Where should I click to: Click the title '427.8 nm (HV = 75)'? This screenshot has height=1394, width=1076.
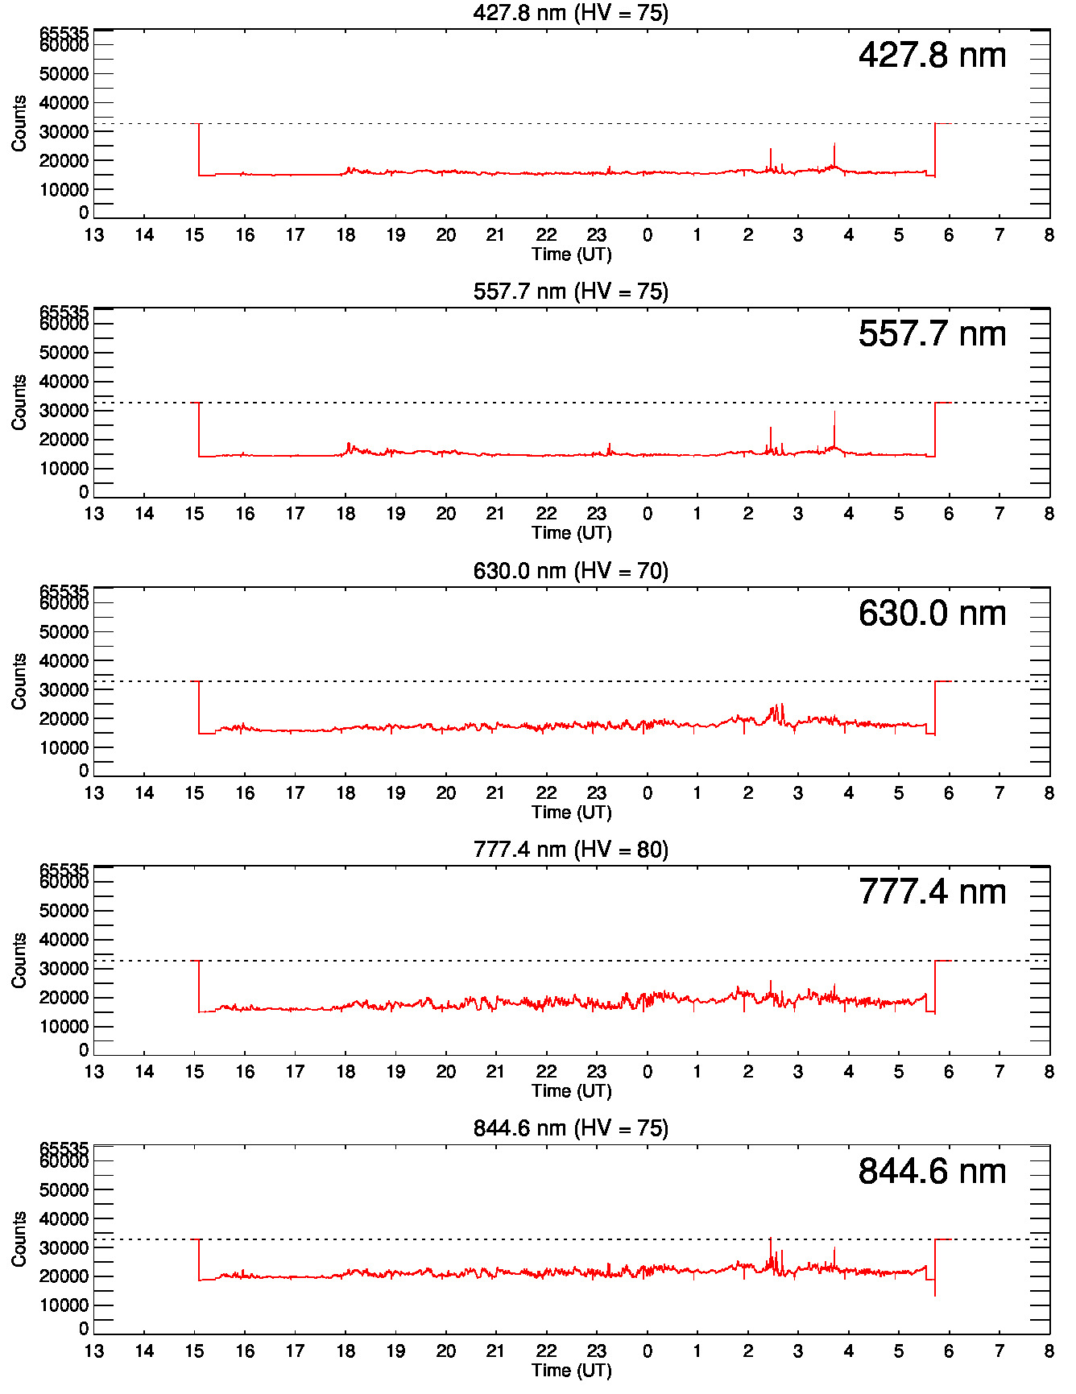570,13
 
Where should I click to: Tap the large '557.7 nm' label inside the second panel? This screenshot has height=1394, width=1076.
932,334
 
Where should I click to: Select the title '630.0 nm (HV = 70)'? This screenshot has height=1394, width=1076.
570,571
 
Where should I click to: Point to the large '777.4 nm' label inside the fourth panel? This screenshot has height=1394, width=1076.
932,892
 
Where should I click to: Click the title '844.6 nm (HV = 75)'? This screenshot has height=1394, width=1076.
570,1128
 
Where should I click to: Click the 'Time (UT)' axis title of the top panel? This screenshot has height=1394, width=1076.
571,254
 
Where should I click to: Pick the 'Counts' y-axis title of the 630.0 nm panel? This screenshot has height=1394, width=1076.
19,681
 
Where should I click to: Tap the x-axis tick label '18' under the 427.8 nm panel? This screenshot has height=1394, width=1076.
346,235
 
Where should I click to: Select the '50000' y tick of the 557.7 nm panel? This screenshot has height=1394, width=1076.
64,353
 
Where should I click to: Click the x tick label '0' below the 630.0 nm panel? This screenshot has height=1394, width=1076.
647,793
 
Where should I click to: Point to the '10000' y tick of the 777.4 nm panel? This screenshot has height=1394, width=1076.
64,1027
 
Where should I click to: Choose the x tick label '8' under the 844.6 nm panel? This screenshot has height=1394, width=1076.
1049,1351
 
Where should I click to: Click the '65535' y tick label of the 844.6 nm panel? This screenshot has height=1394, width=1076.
64,1148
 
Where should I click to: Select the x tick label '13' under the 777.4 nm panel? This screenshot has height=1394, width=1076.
94,1072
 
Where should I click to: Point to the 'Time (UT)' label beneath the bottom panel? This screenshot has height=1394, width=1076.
571,1371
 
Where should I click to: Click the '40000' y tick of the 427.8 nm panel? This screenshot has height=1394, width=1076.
64,103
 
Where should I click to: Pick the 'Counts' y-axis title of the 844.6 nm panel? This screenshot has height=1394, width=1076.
19,1239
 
